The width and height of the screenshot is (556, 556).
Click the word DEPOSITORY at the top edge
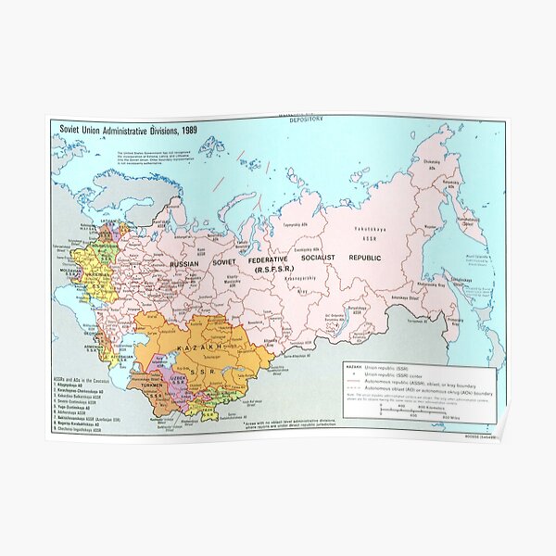[x=307, y=120]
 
